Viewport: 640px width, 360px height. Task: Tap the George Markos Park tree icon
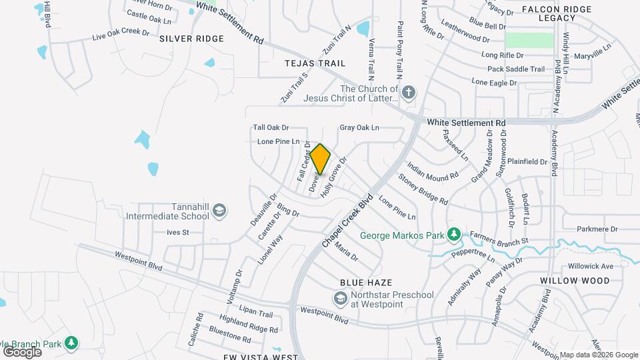454,235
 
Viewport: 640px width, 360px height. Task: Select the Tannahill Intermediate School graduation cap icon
219,211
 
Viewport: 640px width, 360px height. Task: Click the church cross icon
408,93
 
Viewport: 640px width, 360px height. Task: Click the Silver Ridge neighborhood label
191,39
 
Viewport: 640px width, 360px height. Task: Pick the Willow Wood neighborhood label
575,281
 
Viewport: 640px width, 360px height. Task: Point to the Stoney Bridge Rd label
423,189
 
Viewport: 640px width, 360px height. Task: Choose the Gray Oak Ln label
359,127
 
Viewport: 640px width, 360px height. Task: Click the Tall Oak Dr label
271,127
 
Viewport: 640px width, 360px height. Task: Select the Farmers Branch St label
499,237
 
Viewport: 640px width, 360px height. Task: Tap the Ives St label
178,233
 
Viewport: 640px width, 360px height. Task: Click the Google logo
22,351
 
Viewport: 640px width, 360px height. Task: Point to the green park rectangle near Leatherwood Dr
529,40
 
